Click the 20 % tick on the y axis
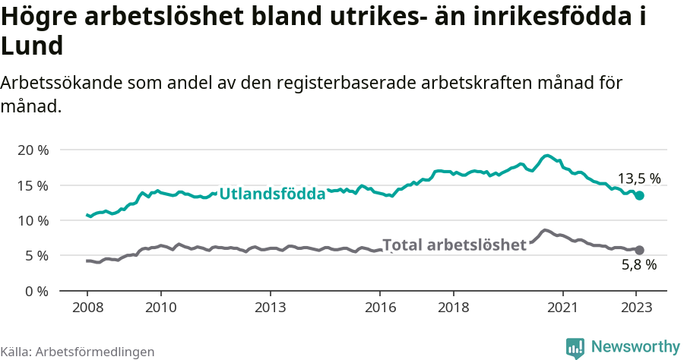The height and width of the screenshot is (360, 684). tap(32, 150)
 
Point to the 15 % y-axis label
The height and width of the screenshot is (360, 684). tap(32, 185)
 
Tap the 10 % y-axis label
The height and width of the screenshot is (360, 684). tap(32, 220)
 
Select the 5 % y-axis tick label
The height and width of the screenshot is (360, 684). tap(36, 256)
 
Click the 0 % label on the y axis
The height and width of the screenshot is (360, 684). tap(36, 291)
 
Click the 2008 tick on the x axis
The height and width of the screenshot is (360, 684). tap(87, 308)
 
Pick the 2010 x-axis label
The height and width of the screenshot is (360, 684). tap(160, 308)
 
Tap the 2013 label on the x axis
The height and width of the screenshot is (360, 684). tap(270, 308)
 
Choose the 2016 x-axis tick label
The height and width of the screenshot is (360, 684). tap(380, 308)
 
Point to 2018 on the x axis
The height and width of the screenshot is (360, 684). tap(453, 308)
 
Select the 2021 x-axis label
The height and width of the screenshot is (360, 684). tap(563, 308)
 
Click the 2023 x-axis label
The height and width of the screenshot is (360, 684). tap(636, 308)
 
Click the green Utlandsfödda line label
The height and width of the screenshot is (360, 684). tap(272, 194)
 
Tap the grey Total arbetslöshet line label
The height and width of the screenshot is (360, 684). tap(454, 245)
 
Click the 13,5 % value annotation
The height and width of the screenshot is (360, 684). tap(638, 179)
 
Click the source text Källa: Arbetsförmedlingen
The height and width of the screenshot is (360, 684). tap(78, 352)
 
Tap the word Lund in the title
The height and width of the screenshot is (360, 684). tap(32, 46)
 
